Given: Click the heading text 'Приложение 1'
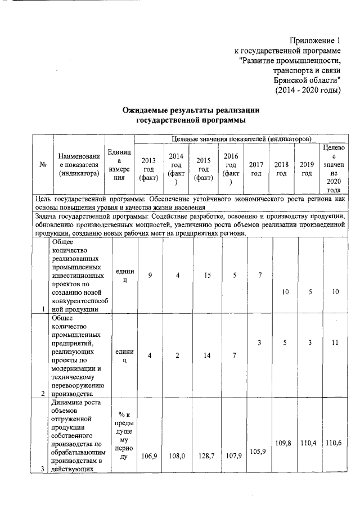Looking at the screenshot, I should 315,40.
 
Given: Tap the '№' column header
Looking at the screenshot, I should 43,165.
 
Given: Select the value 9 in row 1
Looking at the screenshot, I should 150,275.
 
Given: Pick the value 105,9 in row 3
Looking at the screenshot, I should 256,452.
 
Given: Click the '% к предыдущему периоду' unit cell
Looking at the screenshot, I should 124,439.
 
